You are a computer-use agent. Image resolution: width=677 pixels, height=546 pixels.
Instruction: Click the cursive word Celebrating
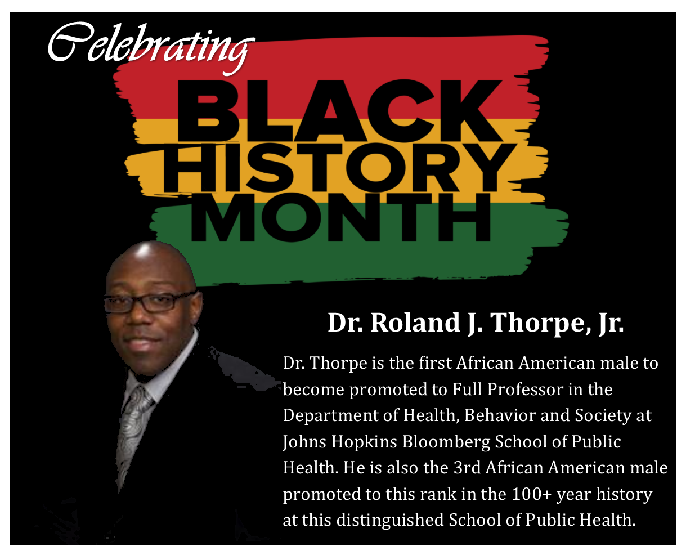pos(151,47)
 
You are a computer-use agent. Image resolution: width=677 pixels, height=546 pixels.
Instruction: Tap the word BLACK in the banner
pos(340,111)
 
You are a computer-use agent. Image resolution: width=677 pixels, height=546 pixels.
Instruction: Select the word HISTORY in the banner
pos(340,168)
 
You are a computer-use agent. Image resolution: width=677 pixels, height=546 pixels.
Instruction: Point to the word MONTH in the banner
pos(340,217)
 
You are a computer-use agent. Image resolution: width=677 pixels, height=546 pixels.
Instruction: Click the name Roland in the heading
pos(415,323)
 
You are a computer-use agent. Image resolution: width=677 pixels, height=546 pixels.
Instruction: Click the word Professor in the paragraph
pos(526,390)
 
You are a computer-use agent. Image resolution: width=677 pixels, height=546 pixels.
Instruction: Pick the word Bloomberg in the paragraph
pos(446,442)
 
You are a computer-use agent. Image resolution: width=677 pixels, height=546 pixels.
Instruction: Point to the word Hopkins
pos(364,442)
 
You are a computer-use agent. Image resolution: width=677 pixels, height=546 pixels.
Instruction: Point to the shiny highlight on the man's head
pos(144,252)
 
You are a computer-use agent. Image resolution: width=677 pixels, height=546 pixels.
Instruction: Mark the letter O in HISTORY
pos(376,168)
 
